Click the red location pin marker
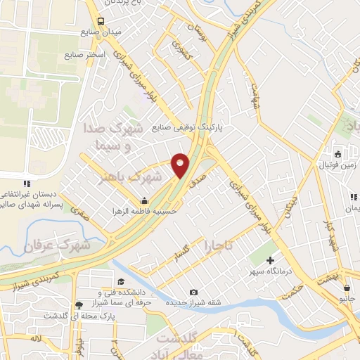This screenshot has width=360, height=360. click(181, 165)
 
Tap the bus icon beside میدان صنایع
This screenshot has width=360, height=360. click(101, 21)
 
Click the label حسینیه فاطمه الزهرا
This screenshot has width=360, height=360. click(146, 210)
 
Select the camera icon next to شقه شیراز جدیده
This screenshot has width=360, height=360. click(194, 292)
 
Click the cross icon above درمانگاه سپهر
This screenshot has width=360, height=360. click(270, 261)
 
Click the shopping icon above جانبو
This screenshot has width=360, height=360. click(347, 287)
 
